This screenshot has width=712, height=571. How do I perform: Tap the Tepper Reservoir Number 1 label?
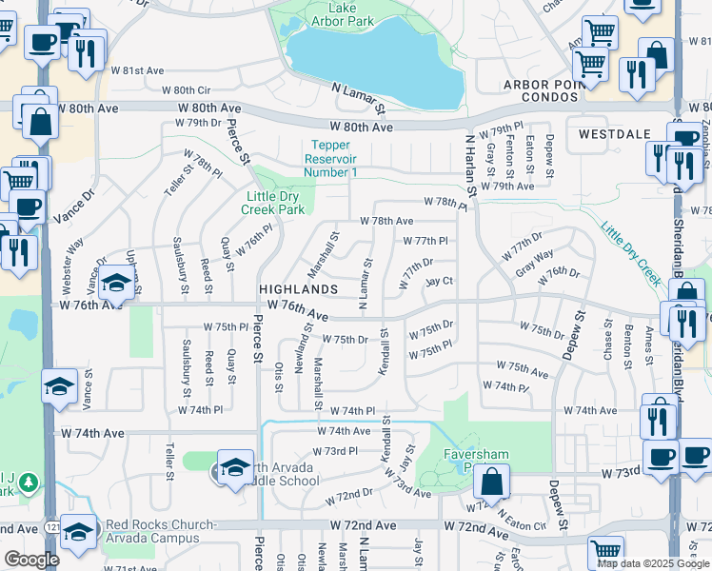[x=331, y=159]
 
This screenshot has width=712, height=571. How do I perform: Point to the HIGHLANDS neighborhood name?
[x=299, y=288]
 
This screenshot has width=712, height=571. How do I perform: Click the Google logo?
[x=32, y=560]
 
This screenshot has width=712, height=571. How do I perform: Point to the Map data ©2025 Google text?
[x=652, y=563]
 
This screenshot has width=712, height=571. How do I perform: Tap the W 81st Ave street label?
[x=137, y=70]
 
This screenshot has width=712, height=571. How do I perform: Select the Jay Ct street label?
[x=439, y=282]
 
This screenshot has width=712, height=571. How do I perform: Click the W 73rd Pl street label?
[x=340, y=451]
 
